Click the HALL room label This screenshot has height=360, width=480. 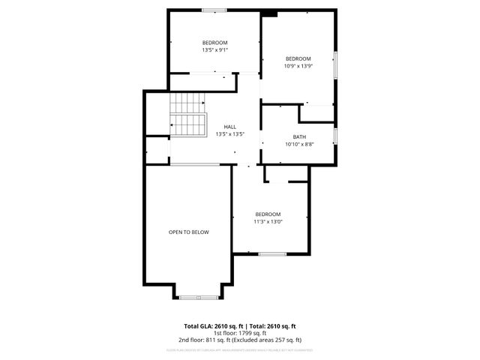(230, 127)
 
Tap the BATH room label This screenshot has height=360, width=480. (299, 136)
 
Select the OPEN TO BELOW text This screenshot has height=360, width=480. (188, 232)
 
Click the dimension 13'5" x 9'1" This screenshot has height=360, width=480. (214, 50)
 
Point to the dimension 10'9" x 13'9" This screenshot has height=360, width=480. (298, 66)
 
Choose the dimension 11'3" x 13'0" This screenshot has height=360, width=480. (268, 221)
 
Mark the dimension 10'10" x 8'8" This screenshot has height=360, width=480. (299, 144)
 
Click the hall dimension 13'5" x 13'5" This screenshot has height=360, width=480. (230, 134)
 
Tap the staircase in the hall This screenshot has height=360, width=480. (187, 115)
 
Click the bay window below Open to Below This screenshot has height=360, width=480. (199, 297)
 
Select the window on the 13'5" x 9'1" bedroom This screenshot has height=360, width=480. (214, 10)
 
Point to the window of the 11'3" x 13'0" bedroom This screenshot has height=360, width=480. (272, 254)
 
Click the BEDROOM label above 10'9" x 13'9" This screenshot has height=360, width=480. (298, 58)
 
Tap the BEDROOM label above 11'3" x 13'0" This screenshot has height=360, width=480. (268, 214)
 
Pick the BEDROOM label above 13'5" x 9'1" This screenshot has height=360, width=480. (214, 43)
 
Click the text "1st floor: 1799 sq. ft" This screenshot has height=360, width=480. (240, 333)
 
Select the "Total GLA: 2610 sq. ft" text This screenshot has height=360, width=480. (213, 326)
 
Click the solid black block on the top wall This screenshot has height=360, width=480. (269, 13)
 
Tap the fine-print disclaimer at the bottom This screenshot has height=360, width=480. (240, 349)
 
